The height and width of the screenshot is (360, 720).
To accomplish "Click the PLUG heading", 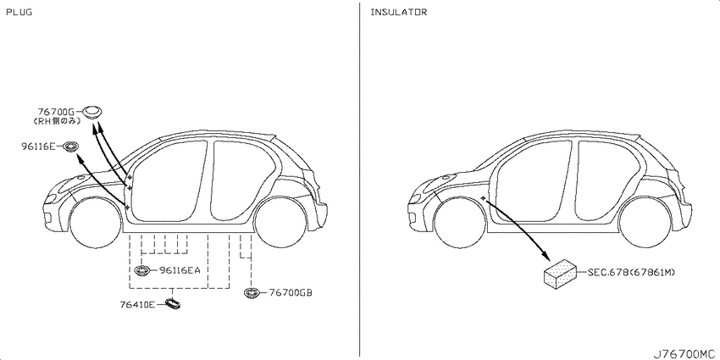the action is pos(19,13).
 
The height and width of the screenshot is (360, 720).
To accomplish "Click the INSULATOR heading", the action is pos(399,13).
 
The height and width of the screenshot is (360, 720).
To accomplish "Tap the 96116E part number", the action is pos(38,147).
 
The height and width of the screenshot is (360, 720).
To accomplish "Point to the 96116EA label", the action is pos(180,270).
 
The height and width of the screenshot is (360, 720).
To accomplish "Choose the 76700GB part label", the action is pos(291,292).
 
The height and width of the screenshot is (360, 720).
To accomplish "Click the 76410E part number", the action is pos(138,304).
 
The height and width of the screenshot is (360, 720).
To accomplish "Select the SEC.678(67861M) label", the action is pos(631,272).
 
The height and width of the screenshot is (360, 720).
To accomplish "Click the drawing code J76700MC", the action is pos(685,354).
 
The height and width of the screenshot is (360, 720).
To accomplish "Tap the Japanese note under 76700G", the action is pos(58,121).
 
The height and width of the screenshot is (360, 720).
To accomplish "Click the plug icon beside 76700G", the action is pos(92,112).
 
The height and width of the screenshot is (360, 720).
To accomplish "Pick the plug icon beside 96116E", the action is pos(69,147).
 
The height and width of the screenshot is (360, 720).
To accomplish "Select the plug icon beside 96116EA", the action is pos(144,270).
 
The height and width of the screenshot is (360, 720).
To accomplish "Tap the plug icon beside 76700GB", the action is pos(252,293).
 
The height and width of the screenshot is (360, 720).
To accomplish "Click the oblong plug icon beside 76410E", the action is pos(173,304).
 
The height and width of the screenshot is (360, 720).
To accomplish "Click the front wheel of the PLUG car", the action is pos(96,222).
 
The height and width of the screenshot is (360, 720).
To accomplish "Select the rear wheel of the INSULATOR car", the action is pos(645,222).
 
